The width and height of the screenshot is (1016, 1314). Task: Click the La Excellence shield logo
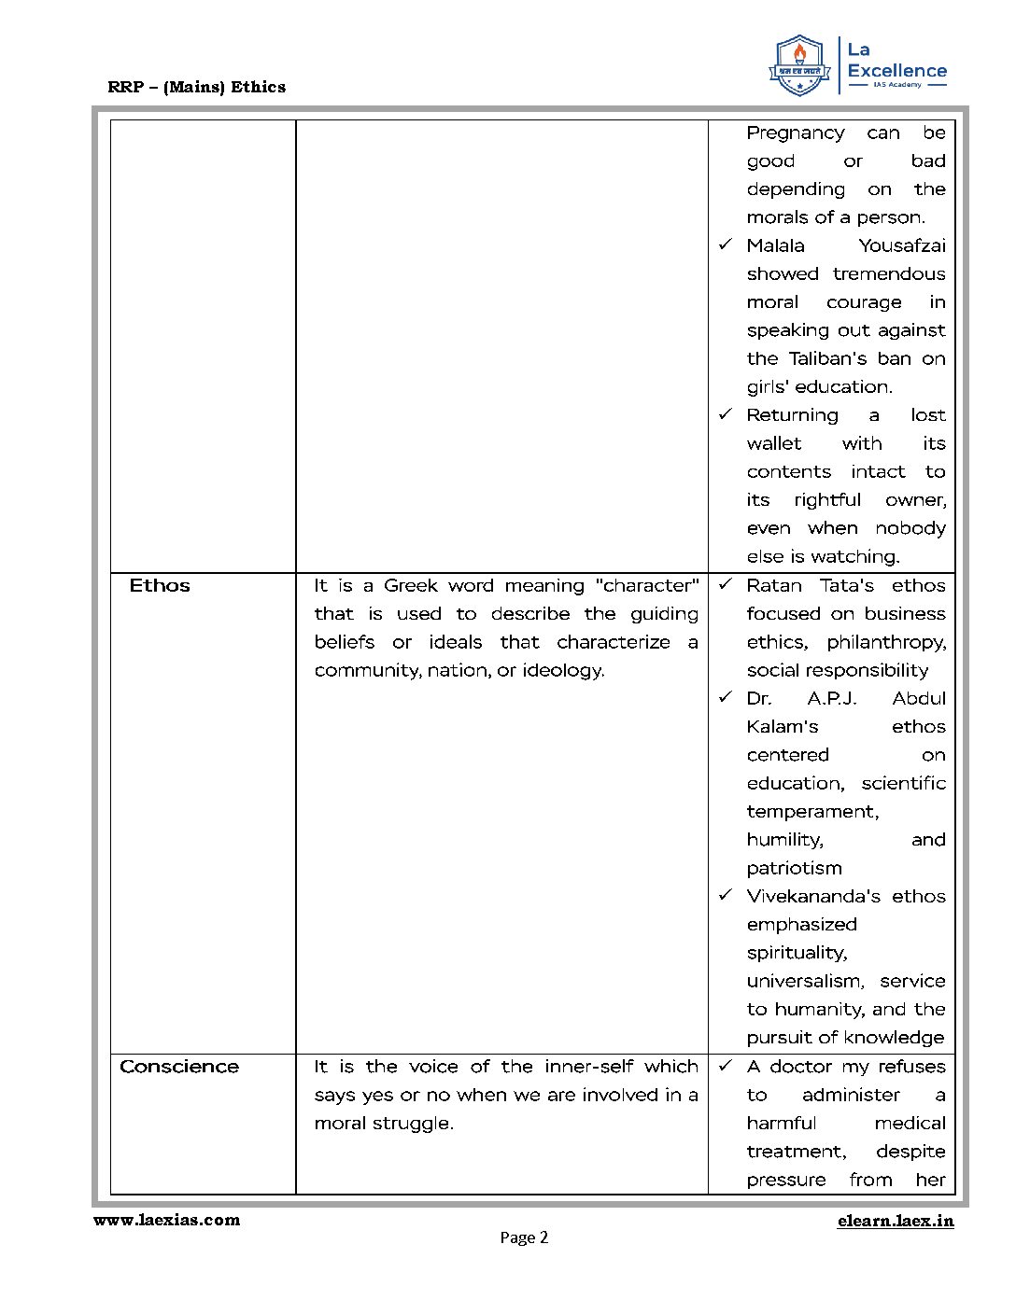(799, 65)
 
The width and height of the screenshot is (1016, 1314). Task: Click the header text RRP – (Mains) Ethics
(197, 87)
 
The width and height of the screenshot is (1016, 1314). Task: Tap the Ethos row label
(160, 586)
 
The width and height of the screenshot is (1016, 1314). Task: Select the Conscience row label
(179, 1067)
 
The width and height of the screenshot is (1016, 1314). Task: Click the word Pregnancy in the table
(796, 133)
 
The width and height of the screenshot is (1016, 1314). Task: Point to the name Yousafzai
(902, 245)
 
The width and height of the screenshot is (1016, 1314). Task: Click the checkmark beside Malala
(726, 245)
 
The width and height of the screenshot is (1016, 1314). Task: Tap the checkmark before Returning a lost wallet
(726, 414)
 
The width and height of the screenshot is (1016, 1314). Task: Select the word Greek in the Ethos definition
(411, 586)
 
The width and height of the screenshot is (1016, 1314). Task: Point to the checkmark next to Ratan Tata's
(726, 585)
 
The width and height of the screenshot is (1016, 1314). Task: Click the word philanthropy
(886, 642)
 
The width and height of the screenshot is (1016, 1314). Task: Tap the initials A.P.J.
(832, 699)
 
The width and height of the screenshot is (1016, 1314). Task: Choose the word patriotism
(795, 868)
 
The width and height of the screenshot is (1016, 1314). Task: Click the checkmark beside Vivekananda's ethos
(726, 896)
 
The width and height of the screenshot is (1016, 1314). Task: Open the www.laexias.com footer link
(166, 1220)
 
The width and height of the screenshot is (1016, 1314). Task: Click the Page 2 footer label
(524, 1237)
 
